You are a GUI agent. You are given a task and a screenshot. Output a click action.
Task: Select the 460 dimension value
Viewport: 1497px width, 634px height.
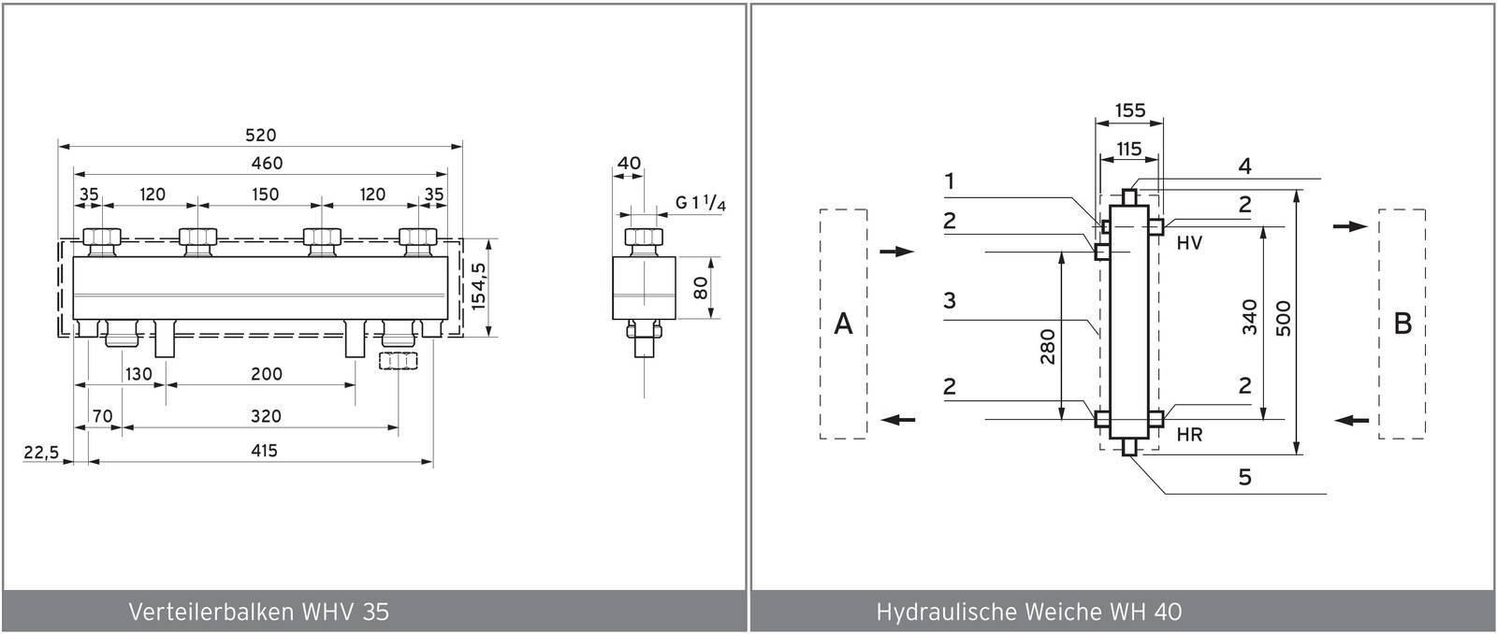pos(267,164)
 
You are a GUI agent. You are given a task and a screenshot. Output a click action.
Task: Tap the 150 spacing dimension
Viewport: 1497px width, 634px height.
pos(266,195)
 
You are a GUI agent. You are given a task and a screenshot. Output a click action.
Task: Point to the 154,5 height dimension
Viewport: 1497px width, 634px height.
pos(479,287)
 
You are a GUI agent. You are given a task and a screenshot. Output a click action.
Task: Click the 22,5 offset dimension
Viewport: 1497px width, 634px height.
pos(41,453)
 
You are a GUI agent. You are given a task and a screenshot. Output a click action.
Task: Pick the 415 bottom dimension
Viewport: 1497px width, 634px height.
pos(264,451)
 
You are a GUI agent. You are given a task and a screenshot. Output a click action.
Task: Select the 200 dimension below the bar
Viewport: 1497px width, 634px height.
pos(267,374)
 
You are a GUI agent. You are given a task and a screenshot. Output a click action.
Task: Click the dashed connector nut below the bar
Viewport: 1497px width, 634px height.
pos(397,361)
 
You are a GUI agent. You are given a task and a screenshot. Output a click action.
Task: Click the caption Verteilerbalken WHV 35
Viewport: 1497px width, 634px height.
pos(258,612)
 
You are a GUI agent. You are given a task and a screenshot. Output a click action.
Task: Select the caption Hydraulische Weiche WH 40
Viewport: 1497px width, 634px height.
pos(1029,612)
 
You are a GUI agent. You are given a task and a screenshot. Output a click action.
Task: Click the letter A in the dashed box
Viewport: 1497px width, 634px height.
pos(843,324)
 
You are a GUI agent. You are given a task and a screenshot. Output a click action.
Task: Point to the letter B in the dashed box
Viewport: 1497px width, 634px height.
pos(1402,324)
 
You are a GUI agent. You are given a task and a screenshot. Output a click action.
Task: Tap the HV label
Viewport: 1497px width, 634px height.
pos(1188,243)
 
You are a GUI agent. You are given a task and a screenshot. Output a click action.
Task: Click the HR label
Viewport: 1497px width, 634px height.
pos(1189,435)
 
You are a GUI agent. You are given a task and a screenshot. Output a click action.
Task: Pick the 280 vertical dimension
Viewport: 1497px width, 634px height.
pos(1047,347)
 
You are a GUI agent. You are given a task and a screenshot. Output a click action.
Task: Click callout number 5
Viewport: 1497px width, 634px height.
pos(1244,478)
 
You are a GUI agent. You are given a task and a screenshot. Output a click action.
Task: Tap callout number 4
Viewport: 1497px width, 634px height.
pos(1244,166)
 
